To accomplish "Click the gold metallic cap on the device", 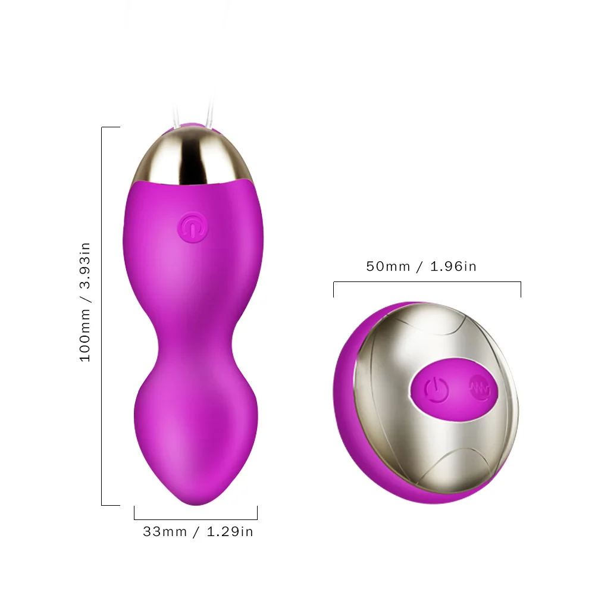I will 190,156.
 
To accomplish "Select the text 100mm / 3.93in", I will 86,302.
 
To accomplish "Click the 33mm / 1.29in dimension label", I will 198,531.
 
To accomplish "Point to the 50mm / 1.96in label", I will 421,266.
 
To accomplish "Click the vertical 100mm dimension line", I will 102,315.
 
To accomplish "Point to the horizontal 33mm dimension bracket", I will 196,519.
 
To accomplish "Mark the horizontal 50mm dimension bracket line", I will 427,283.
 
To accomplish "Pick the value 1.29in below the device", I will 230,531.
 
